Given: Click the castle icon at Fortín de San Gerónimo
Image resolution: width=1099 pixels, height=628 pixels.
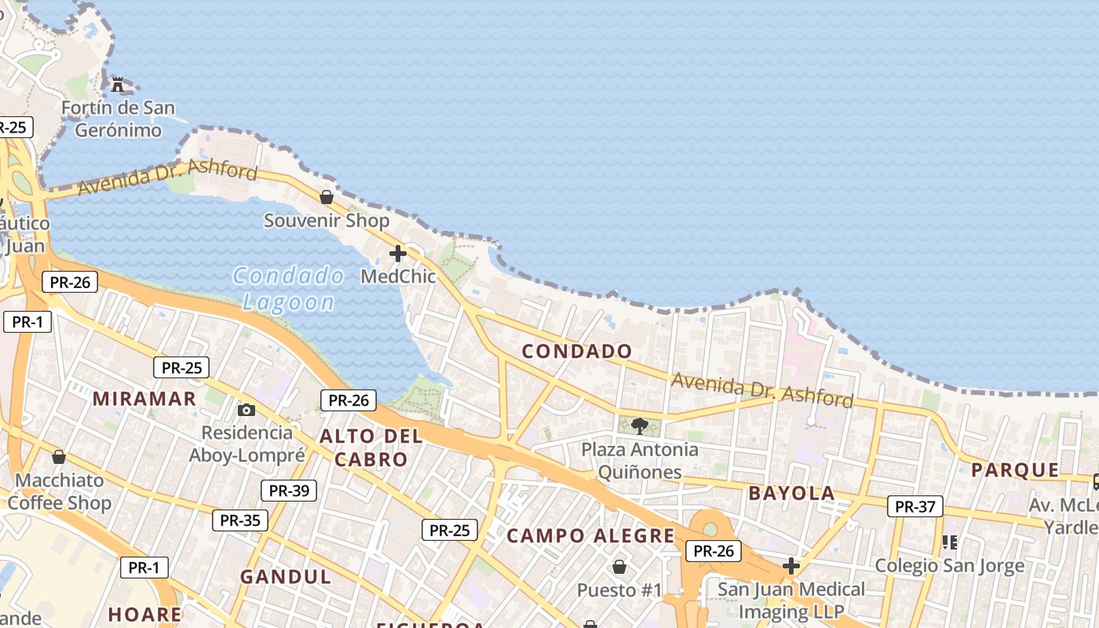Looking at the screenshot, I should tap(118, 84).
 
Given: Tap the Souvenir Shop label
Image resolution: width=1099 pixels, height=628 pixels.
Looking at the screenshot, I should tap(327, 221).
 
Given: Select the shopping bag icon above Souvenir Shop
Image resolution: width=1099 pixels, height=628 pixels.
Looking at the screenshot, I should tap(327, 197).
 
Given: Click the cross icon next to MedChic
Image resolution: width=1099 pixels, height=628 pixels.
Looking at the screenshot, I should tap(398, 254).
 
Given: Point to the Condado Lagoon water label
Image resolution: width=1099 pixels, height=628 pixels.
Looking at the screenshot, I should tap(289, 289).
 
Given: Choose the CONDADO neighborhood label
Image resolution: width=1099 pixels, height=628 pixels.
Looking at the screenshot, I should tap(577, 352).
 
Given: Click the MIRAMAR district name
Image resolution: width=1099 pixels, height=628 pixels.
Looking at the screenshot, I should tap(144, 399).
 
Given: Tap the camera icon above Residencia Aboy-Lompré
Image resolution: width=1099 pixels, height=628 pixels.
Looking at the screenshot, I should tap(246, 410).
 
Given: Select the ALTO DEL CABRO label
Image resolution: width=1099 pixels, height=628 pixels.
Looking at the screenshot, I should tap(371, 448).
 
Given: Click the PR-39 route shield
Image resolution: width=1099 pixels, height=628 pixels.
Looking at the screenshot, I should tap(289, 491).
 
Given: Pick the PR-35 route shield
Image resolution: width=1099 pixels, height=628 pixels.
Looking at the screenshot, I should tap(240, 520).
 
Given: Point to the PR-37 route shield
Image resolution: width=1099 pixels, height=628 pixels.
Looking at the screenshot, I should tap(915, 506).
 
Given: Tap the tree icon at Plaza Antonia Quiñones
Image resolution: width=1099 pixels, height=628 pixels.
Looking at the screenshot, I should tap(640, 426).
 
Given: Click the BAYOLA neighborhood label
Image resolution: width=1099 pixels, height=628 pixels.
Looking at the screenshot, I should tap(792, 493).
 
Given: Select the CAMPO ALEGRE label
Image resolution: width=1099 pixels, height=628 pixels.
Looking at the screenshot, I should tap(590, 536).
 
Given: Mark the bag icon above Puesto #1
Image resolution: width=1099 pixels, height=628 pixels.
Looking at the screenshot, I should tap(619, 567).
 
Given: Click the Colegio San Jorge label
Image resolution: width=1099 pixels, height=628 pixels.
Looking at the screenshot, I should tap(949, 566).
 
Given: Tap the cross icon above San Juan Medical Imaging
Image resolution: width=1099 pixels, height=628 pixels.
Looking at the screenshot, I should tap(791, 566).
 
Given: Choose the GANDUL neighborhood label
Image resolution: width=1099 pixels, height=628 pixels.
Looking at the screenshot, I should tap(286, 577).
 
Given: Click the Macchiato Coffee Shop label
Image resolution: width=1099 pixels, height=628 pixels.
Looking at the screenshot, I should tap(60, 491).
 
